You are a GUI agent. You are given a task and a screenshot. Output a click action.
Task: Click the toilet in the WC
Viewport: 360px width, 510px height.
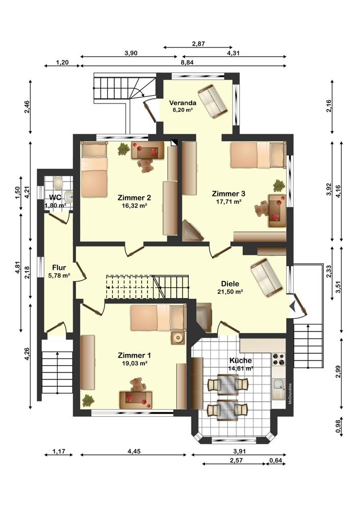coord(58,183)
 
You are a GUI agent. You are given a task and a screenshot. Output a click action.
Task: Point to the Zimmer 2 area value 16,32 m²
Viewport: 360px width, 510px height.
coord(134,206)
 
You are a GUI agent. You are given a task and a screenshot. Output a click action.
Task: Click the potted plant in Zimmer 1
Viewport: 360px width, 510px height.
coord(88,400)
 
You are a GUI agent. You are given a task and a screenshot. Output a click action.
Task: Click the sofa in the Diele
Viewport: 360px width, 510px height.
coord(266,277)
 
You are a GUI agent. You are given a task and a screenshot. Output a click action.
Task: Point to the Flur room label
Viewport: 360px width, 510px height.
coord(59,268)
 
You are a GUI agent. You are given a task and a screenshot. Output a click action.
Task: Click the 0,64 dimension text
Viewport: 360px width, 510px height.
coord(276,460)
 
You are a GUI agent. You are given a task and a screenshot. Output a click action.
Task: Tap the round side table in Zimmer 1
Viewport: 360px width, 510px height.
coord(178,338)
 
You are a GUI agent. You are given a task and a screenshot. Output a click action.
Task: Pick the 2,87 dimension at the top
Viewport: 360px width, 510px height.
coord(198,44)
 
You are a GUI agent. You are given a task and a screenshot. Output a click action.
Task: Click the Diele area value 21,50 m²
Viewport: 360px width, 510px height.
coord(230,292)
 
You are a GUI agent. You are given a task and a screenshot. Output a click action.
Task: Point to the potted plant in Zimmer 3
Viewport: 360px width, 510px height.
coord(279,186)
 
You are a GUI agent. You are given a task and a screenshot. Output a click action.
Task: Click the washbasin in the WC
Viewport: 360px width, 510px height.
coord(68,196)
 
